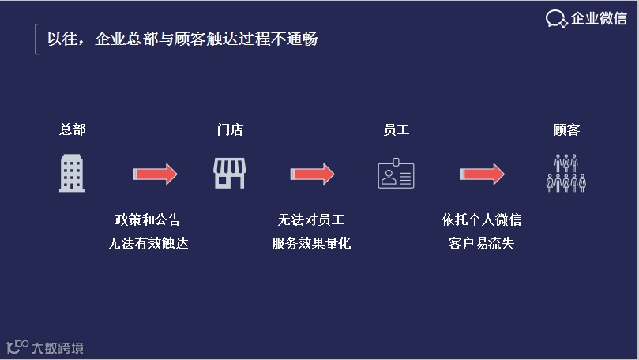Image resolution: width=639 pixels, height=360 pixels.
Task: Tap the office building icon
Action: [x=72, y=173]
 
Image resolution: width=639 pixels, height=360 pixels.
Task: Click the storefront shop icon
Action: [x=230, y=173]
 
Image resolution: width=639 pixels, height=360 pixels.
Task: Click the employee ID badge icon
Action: [x=396, y=174]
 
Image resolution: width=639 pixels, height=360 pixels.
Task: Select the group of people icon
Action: [x=566, y=173]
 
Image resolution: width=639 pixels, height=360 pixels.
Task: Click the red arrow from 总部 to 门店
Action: [x=155, y=174]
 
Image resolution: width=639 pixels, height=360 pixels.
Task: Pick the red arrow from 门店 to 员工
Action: [x=312, y=174]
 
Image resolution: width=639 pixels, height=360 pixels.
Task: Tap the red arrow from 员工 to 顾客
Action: [x=482, y=174]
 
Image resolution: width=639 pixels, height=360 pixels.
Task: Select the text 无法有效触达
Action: [x=148, y=243]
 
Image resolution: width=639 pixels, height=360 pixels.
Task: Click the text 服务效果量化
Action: [x=311, y=243]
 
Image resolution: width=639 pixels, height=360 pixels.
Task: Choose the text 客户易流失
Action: [x=481, y=243]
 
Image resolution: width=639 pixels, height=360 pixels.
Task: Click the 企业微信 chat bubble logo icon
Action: [x=557, y=18]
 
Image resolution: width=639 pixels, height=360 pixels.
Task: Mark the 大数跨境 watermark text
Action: [x=57, y=347]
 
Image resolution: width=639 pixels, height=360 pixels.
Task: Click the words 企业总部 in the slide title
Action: [x=123, y=39]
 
